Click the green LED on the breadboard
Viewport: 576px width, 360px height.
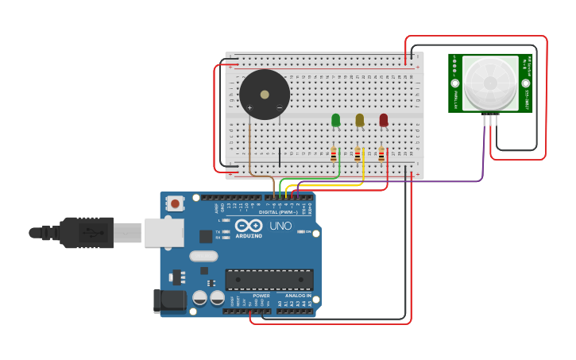coord(335,120)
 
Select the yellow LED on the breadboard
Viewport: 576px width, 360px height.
coord(359,120)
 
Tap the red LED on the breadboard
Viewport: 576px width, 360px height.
coord(384,120)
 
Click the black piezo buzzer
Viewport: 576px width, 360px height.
coord(265,95)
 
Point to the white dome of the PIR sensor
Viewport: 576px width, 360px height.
coord(489,82)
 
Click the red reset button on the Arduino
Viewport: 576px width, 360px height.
coord(175,203)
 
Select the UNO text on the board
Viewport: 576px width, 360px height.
coord(281,226)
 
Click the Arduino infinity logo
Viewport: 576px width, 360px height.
coord(248,226)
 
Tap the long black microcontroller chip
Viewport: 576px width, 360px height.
coord(269,280)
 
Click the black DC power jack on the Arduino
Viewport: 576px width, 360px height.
coord(169,300)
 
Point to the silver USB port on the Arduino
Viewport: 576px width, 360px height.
coord(164,233)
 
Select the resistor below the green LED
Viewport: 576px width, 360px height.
coord(334,154)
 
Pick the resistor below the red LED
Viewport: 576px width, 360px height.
coord(381,154)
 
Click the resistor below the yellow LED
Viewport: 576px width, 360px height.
coord(358,154)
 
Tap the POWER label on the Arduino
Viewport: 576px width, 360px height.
coord(261,296)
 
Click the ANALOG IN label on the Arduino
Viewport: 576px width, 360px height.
coord(298,296)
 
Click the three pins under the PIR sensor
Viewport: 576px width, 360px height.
coord(490,120)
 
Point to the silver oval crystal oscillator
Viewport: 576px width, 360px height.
coord(203,256)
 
